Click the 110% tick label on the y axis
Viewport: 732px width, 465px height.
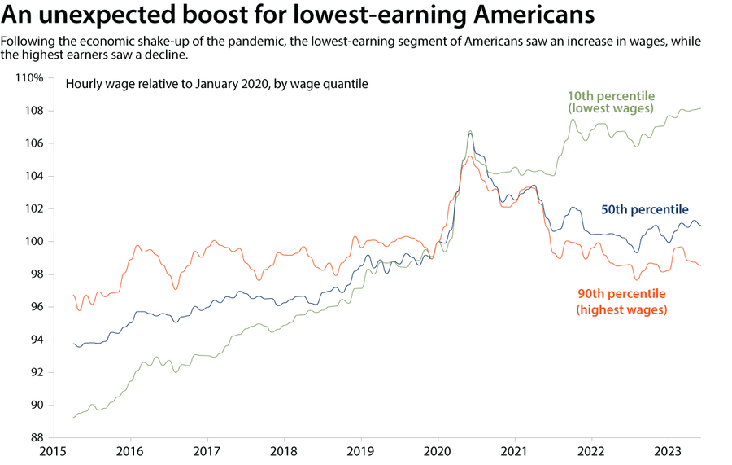(x=30, y=78)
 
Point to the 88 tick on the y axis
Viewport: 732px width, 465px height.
(x=37, y=437)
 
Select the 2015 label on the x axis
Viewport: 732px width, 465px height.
(x=53, y=451)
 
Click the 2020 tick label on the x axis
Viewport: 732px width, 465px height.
(x=438, y=451)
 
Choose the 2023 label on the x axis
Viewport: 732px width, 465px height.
(x=669, y=451)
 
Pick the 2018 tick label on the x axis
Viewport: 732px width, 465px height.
(x=284, y=451)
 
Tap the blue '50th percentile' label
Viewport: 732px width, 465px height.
(x=644, y=209)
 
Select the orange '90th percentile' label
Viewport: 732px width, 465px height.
(x=621, y=301)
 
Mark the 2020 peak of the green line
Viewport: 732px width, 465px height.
(x=470, y=130)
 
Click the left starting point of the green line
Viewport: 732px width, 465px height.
(x=73, y=417)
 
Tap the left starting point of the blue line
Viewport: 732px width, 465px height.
(x=73, y=344)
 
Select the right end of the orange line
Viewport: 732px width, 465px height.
(x=700, y=265)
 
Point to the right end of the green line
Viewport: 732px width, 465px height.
(x=700, y=108)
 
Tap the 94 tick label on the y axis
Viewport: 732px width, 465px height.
(x=37, y=340)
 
